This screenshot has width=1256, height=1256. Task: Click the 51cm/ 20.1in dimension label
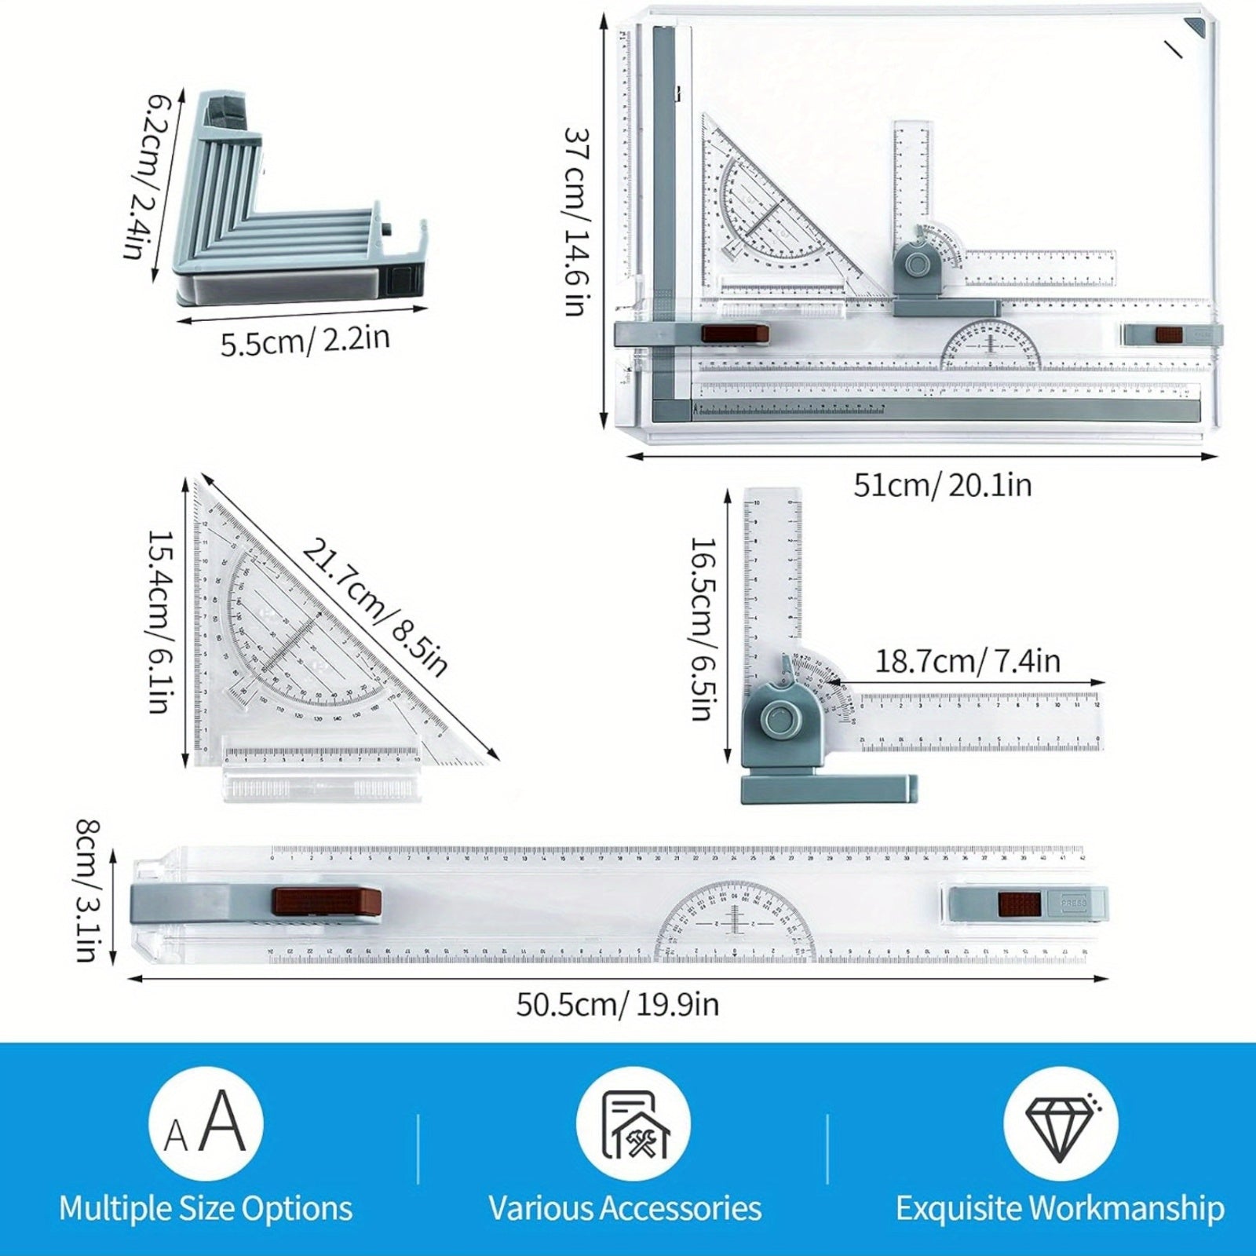pos(942,485)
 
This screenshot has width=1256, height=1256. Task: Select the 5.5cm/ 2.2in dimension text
pos(305,341)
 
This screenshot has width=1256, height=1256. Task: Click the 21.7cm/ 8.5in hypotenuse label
pos(375,607)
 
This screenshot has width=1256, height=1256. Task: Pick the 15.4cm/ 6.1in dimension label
pos(159,622)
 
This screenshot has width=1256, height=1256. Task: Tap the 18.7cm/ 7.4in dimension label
pos(967,661)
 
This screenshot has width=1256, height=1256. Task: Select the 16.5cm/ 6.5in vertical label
pos(702,628)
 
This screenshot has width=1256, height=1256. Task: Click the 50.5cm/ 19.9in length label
pos(617,1005)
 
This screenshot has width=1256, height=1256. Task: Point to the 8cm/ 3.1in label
pos(87,891)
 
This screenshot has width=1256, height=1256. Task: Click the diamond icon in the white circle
pos(1060,1125)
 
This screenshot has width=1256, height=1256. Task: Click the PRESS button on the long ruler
pos(1073,904)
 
